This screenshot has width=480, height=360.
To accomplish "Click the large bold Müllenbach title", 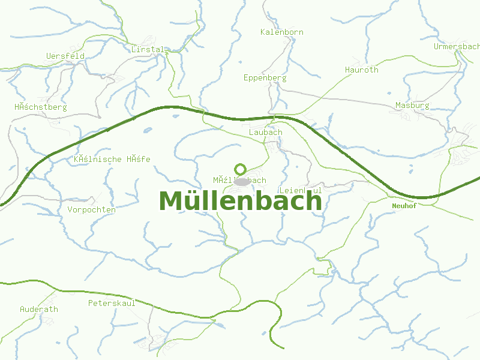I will pos(241,201).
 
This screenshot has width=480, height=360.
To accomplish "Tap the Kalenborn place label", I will pos(282,32).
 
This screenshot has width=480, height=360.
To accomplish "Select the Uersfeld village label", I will pos(65,56).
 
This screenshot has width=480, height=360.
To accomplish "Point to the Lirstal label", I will pos(147,49).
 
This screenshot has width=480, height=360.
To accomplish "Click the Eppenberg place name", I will pos(265,77).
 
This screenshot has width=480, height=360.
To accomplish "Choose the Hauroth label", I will pos(362,70).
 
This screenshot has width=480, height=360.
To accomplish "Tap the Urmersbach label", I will pos(457,46).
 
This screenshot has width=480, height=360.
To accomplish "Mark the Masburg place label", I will pos(412,105).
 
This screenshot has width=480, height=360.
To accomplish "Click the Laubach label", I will pos(265,132).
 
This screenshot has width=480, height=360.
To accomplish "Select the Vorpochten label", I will pos(92,209).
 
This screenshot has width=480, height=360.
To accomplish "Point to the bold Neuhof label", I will pos(404,205).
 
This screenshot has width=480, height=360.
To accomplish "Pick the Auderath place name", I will pos(39,309).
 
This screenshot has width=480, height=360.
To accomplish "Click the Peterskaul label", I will pos(112,303).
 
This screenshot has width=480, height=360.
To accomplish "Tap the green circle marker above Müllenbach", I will pos(241,169).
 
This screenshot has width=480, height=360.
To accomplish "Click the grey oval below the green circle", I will pos(241,181).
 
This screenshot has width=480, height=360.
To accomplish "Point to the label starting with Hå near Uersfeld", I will pos(41,107).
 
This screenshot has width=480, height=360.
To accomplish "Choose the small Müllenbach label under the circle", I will pos(239,180).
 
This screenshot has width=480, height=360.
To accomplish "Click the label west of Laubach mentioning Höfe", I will pos(112,159).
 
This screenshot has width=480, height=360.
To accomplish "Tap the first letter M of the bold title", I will pos(171,201).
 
